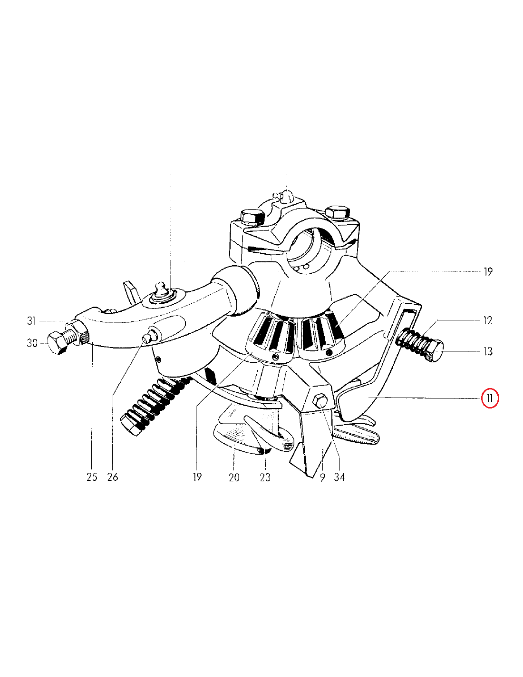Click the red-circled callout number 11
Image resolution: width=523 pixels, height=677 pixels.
490,398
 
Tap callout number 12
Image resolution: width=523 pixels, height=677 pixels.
488,320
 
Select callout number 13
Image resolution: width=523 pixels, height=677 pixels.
488,351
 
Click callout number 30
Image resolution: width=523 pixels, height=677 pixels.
32,343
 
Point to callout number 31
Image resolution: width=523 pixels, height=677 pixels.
31,320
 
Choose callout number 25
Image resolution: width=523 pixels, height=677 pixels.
92,477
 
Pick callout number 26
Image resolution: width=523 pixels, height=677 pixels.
113,477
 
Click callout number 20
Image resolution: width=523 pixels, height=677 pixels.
234,477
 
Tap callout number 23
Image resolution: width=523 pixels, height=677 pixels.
265,477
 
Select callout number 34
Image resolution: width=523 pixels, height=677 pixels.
339,477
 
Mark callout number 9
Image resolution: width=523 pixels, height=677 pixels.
322,478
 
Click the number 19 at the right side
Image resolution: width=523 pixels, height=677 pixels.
488,272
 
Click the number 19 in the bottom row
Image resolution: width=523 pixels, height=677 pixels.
197,477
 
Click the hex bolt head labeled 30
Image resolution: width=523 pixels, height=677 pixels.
57,343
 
